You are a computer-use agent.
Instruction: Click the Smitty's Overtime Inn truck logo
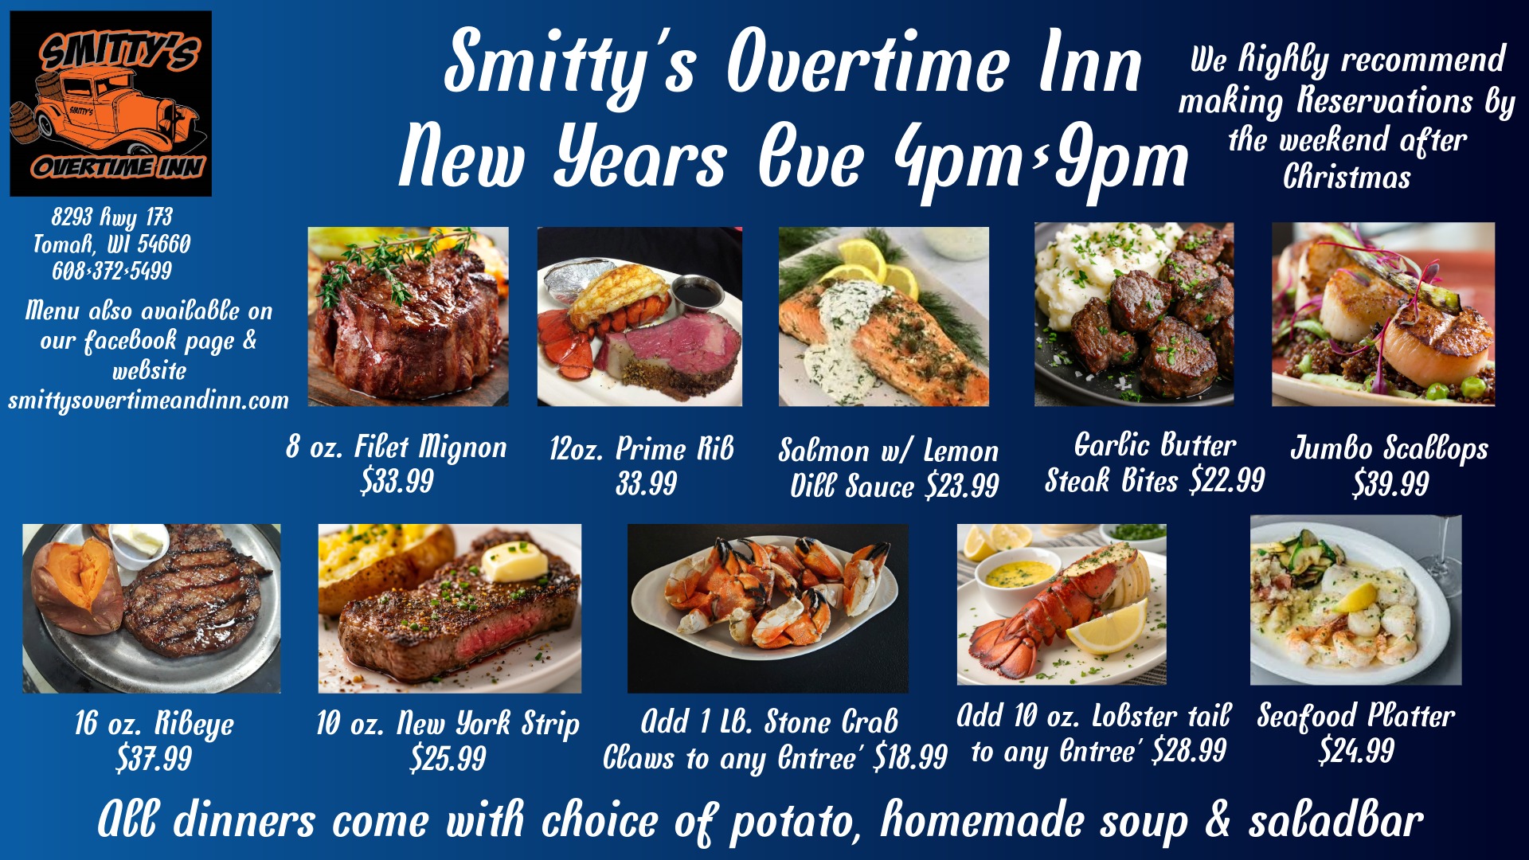coord(111,104)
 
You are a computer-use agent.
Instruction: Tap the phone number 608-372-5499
coord(112,272)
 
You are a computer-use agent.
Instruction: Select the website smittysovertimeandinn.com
coord(149,401)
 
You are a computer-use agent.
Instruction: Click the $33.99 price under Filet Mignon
coord(397,481)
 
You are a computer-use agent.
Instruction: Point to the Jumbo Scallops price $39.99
coord(1390,483)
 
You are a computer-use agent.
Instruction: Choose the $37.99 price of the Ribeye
coord(154,758)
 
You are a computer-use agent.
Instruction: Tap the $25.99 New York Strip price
coord(448,758)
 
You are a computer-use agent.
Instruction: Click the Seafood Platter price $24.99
coord(1356,751)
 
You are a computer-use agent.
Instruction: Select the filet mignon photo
coord(408,316)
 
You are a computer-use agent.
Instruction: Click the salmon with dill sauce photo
coord(884,316)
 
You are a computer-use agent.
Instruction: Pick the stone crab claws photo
coord(768,608)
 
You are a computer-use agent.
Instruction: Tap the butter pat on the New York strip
coord(514,561)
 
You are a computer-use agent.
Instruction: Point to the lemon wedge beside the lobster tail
coord(1109,627)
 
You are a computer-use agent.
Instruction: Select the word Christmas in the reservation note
coord(1347,177)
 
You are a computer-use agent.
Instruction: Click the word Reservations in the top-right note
coord(1385,101)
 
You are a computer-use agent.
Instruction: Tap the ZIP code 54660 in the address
coord(164,244)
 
